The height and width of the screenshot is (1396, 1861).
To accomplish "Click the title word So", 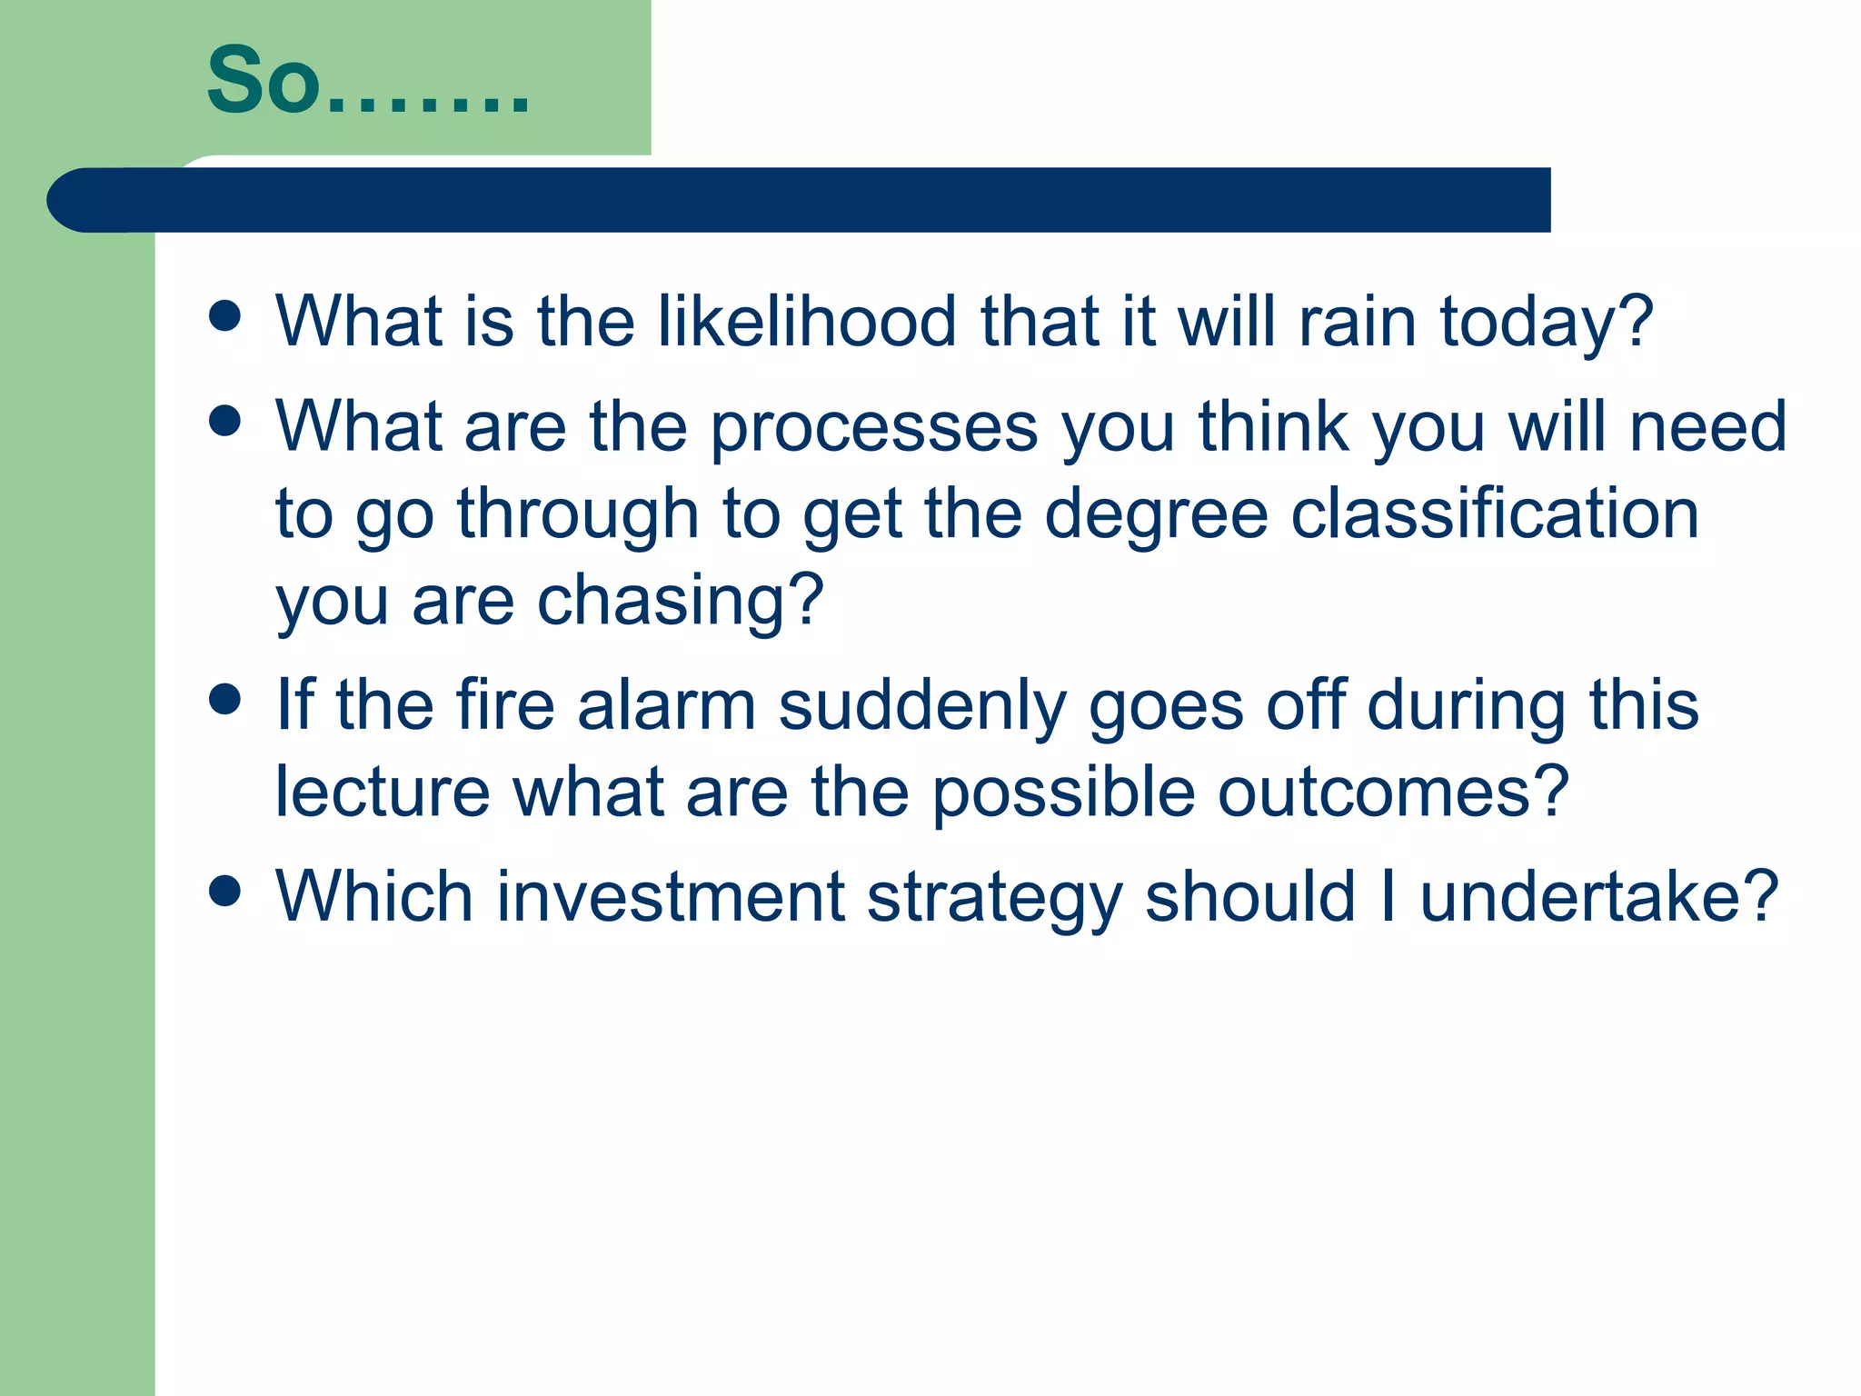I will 264,82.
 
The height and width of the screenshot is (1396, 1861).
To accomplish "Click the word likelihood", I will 807,322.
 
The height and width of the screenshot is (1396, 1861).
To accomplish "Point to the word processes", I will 873,427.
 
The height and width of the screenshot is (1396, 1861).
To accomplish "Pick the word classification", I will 1494,514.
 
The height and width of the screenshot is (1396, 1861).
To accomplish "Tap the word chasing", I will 679,602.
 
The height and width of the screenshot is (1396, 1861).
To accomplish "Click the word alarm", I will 666,706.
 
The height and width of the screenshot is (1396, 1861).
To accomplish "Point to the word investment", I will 671,897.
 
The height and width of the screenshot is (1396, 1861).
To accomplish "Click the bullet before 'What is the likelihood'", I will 224,315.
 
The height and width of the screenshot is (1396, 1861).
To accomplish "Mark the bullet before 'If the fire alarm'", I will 224,700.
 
